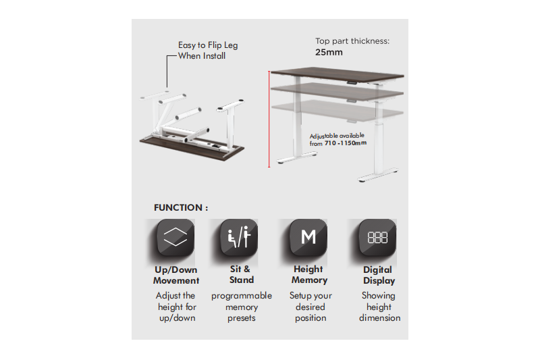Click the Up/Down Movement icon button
(x=175, y=237)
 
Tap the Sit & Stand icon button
(x=239, y=237)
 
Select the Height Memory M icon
(x=308, y=237)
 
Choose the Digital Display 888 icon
(x=377, y=237)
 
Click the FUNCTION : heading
(x=181, y=208)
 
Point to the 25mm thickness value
(x=329, y=53)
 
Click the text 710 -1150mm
(x=346, y=143)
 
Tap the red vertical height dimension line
(x=269, y=119)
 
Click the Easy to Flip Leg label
(x=208, y=45)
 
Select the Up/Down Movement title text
(x=176, y=275)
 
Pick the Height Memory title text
(x=309, y=275)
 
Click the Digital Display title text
(x=379, y=276)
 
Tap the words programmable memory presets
(x=242, y=307)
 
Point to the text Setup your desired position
(x=310, y=307)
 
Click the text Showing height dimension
(x=379, y=307)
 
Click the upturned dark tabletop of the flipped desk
(x=192, y=147)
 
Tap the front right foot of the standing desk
(x=379, y=176)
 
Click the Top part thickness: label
(x=352, y=41)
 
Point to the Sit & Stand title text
(x=241, y=275)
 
